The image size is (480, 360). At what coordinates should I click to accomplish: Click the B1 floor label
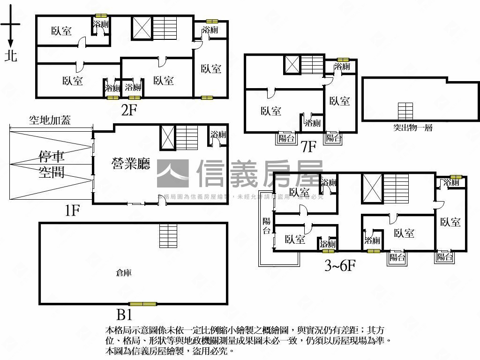(124, 313)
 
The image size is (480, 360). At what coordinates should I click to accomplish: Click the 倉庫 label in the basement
(124, 272)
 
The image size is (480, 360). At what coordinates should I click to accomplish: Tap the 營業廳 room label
(131, 164)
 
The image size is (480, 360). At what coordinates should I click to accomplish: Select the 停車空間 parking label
(52, 164)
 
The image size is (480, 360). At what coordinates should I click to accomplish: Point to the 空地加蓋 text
(50, 120)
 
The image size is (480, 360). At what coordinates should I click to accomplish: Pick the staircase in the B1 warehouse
(168, 232)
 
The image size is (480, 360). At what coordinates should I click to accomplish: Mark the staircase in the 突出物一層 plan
(405, 111)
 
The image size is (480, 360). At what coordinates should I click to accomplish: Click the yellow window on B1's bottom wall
(143, 304)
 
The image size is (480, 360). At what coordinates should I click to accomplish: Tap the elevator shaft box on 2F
(142, 28)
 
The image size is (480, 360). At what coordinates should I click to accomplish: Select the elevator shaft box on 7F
(292, 65)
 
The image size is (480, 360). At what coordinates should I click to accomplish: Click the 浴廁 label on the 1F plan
(218, 135)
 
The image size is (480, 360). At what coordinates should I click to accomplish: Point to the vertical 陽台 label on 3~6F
(266, 225)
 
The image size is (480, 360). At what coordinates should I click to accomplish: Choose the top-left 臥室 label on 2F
(61, 31)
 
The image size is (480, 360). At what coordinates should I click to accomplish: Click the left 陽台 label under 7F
(286, 138)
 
